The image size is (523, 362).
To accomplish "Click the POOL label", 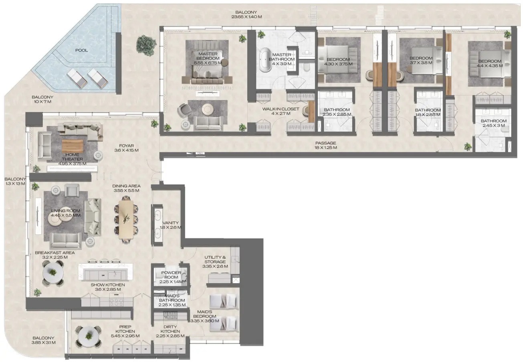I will pyautogui.click(x=81, y=50).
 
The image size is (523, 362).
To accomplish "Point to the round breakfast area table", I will pyautogui.click(x=53, y=274).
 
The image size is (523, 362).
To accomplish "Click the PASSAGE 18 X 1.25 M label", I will pyautogui.click(x=325, y=145).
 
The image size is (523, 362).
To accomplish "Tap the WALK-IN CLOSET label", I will pyautogui.click(x=281, y=111).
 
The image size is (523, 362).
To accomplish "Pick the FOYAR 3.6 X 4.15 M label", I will pyautogui.click(x=126, y=148).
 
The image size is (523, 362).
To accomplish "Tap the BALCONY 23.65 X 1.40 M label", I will pyautogui.click(x=246, y=14).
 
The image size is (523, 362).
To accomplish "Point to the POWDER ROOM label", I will pyautogui.click(x=171, y=276).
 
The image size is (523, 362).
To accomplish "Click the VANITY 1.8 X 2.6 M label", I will pyautogui.click(x=171, y=225).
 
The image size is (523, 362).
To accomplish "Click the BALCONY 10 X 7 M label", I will pyautogui.click(x=42, y=100).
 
